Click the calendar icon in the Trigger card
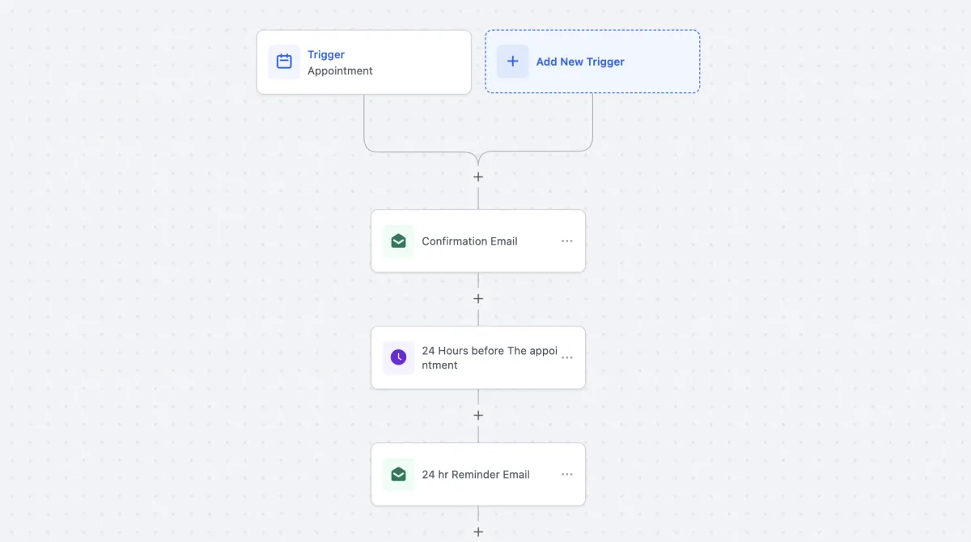pos(284,62)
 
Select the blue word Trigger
pos(326,54)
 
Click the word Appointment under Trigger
pos(340,70)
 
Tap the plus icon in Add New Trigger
pos(512,62)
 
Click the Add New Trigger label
pos(580,62)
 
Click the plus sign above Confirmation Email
pos(478,177)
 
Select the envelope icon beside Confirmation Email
pos(398,241)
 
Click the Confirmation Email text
pos(469,241)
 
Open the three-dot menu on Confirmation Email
pos(567,241)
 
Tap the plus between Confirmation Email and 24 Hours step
pos(478,299)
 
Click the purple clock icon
pos(398,357)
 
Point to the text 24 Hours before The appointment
pos(490,357)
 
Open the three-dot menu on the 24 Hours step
pos(567,357)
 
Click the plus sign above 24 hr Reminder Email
pos(478,416)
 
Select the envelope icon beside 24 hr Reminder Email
pos(398,474)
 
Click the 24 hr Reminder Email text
pos(476,474)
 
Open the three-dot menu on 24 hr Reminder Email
pos(567,474)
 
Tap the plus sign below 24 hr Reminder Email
pos(478,532)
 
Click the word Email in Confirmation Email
pos(503,241)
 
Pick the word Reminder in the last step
pos(476,474)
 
